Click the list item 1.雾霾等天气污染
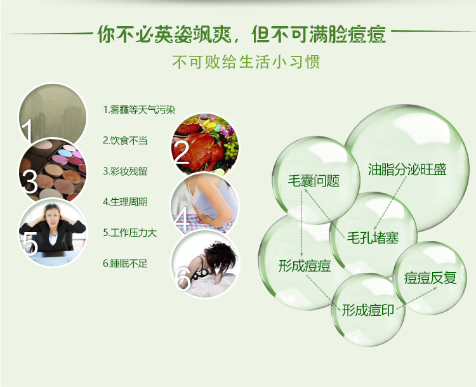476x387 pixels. tap(140, 110)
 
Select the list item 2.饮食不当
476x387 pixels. tap(125, 141)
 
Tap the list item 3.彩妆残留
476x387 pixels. tap(125, 171)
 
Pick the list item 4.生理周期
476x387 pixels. tap(125, 202)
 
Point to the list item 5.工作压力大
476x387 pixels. tap(130, 233)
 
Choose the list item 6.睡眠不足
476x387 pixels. tap(125, 263)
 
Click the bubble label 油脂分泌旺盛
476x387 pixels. tap(407, 169)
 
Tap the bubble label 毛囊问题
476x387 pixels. tap(314, 181)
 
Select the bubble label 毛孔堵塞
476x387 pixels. tap(373, 238)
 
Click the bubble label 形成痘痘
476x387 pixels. tap(305, 266)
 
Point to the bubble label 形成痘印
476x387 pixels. tap(368, 310)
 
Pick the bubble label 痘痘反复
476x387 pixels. tap(430, 278)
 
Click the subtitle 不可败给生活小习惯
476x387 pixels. tap(246, 62)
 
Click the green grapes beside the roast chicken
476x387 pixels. tap(231, 148)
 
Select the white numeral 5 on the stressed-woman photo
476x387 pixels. tap(30, 243)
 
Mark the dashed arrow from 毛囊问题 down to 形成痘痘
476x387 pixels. tap(301, 224)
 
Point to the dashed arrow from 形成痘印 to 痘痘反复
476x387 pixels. tap(417, 298)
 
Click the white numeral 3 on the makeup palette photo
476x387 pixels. tap(30, 181)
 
